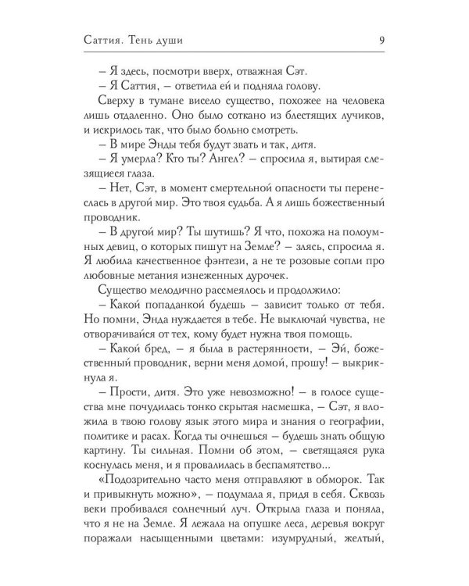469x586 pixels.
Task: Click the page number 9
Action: point(379,41)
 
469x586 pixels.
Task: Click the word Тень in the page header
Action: point(152,41)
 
